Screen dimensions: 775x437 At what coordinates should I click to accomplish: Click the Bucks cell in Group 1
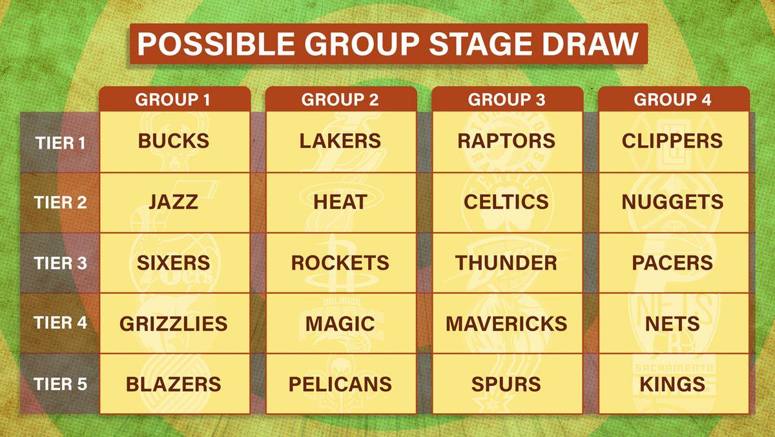click(x=174, y=142)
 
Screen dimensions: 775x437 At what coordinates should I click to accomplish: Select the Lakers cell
click(x=341, y=142)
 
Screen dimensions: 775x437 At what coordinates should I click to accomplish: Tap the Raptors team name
click(x=506, y=141)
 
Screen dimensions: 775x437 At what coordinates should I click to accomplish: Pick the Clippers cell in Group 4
click(x=673, y=142)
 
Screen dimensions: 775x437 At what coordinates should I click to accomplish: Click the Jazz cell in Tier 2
click(x=174, y=203)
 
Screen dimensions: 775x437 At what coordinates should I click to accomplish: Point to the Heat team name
click(x=340, y=202)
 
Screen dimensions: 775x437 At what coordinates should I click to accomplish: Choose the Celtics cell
click(x=507, y=203)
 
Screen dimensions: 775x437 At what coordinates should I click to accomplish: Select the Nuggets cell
click(x=673, y=203)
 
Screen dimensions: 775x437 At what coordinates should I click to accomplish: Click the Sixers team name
click(x=173, y=263)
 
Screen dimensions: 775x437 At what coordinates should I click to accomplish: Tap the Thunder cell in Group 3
click(x=507, y=263)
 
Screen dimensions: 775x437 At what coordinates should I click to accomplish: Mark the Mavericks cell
click(x=507, y=323)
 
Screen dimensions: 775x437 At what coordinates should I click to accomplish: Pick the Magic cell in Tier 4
click(x=341, y=323)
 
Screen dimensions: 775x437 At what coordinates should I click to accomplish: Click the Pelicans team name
click(x=340, y=384)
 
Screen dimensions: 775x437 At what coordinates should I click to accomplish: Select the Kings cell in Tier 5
click(x=673, y=383)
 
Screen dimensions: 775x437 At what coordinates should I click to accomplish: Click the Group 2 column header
click(x=341, y=99)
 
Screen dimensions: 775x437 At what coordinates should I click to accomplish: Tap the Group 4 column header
click(x=673, y=99)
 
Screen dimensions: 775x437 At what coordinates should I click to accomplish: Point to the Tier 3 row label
click(x=60, y=263)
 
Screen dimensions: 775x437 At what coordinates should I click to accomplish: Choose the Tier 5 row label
click(x=60, y=384)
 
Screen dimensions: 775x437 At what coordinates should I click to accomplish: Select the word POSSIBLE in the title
click(x=216, y=44)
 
